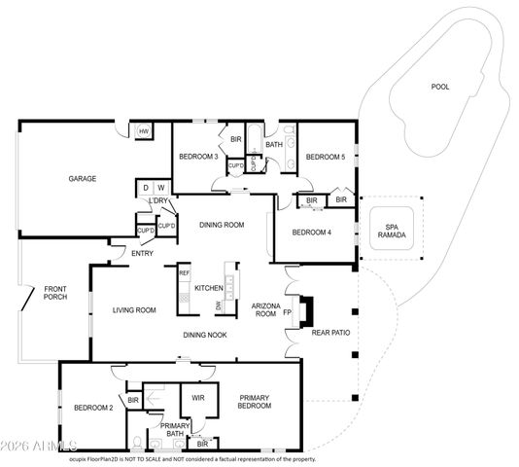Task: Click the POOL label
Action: (440, 87)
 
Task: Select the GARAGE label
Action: (82, 178)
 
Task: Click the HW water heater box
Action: (143, 132)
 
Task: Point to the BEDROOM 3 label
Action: (198, 157)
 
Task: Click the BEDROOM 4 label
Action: (312, 232)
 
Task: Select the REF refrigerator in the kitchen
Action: (184, 274)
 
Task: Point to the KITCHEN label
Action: (209, 288)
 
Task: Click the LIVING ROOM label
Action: (134, 310)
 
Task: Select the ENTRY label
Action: (142, 253)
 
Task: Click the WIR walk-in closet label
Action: (198, 397)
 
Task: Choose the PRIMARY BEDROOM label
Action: (254, 402)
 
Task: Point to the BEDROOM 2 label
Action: (94, 407)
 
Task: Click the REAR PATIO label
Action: (330, 333)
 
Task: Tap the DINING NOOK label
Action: (207, 335)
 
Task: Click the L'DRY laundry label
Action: (157, 201)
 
